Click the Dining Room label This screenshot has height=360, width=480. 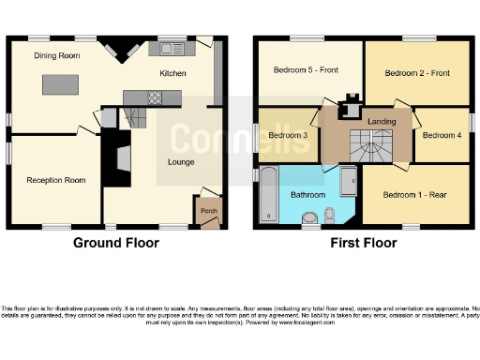point(57,56)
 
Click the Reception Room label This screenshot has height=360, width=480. point(51,179)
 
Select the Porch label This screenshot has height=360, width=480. point(208,211)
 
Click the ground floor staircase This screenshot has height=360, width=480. point(134,116)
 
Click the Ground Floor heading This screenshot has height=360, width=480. point(116,243)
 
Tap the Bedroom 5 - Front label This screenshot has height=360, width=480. point(306,69)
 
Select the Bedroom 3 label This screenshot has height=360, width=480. point(288,135)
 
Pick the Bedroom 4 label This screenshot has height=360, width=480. point(441,135)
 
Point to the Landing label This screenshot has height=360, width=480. point(381,121)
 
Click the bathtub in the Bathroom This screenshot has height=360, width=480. point(266,195)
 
